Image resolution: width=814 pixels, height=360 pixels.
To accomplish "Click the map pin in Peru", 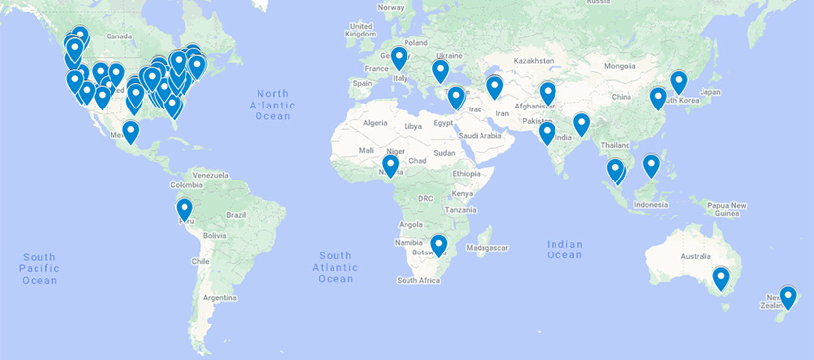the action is tap(185, 209).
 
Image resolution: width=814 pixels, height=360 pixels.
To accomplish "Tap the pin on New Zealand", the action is tap(788, 296).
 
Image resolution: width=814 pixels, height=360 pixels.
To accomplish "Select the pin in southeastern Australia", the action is tap(721, 278).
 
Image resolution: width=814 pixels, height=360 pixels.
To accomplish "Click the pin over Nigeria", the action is tap(391, 165).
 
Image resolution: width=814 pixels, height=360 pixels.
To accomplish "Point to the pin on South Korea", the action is tap(679, 81).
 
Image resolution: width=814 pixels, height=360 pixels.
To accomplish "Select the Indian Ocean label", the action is tap(565, 250).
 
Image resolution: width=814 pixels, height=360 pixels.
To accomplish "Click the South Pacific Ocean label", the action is tap(39, 268).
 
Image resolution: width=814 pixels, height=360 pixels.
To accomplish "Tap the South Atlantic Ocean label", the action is tap(335, 266).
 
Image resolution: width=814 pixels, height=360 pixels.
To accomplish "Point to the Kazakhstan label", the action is tap(534, 61).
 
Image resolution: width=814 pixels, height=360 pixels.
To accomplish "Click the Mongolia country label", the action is tap(621, 66).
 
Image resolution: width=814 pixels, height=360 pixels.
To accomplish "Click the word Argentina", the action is tap(223, 297).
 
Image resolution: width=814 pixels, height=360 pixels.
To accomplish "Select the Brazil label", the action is tap(236, 214).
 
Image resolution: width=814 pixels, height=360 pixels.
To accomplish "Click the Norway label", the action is tap(391, 7).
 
